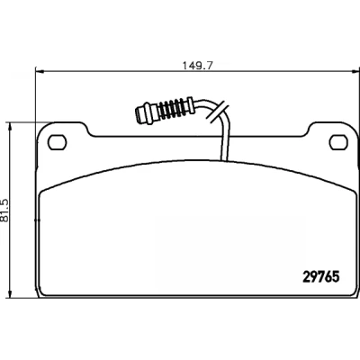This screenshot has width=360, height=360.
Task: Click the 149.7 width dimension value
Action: (x=198, y=66)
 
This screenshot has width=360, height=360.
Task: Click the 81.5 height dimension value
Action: (x=4, y=210)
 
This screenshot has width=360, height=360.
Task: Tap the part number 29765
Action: (x=321, y=276)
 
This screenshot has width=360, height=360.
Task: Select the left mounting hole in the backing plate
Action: (x=57, y=142)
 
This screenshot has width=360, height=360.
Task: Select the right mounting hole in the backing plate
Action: (x=338, y=142)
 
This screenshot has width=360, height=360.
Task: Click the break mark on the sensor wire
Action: (x=219, y=111)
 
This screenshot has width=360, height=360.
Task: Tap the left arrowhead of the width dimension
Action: (x=40, y=71)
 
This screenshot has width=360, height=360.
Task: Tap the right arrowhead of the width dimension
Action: (x=355, y=71)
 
